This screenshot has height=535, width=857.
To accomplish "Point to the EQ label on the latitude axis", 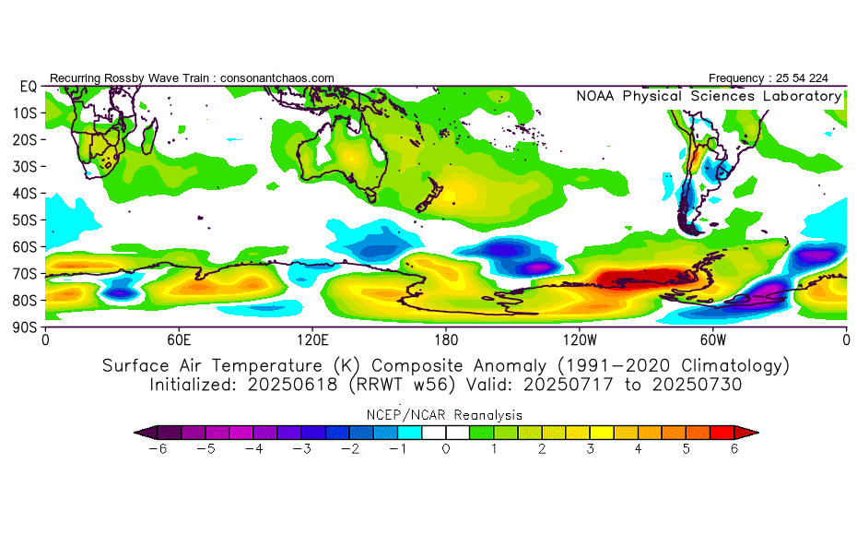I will [x=28, y=86].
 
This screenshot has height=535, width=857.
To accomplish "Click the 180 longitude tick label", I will [x=446, y=339].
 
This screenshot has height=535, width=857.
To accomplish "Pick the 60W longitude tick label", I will [x=712, y=339].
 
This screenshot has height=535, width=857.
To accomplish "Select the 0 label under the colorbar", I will [x=445, y=449].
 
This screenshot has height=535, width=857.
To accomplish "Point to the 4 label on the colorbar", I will [x=638, y=449].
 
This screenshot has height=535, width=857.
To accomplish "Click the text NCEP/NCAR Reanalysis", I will [x=445, y=414].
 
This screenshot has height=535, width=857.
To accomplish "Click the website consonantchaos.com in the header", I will [x=277, y=77].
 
